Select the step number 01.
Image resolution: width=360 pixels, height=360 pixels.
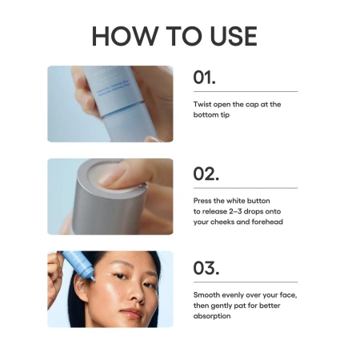click(x=205, y=78)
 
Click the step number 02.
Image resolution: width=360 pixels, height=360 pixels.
click(x=206, y=174)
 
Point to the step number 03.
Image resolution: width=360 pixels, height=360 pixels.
click(x=206, y=267)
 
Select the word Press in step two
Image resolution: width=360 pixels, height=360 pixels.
click(x=205, y=200)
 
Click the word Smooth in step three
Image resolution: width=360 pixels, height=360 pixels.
click(x=208, y=294)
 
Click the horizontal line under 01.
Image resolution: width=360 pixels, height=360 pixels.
click(x=245, y=91)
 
